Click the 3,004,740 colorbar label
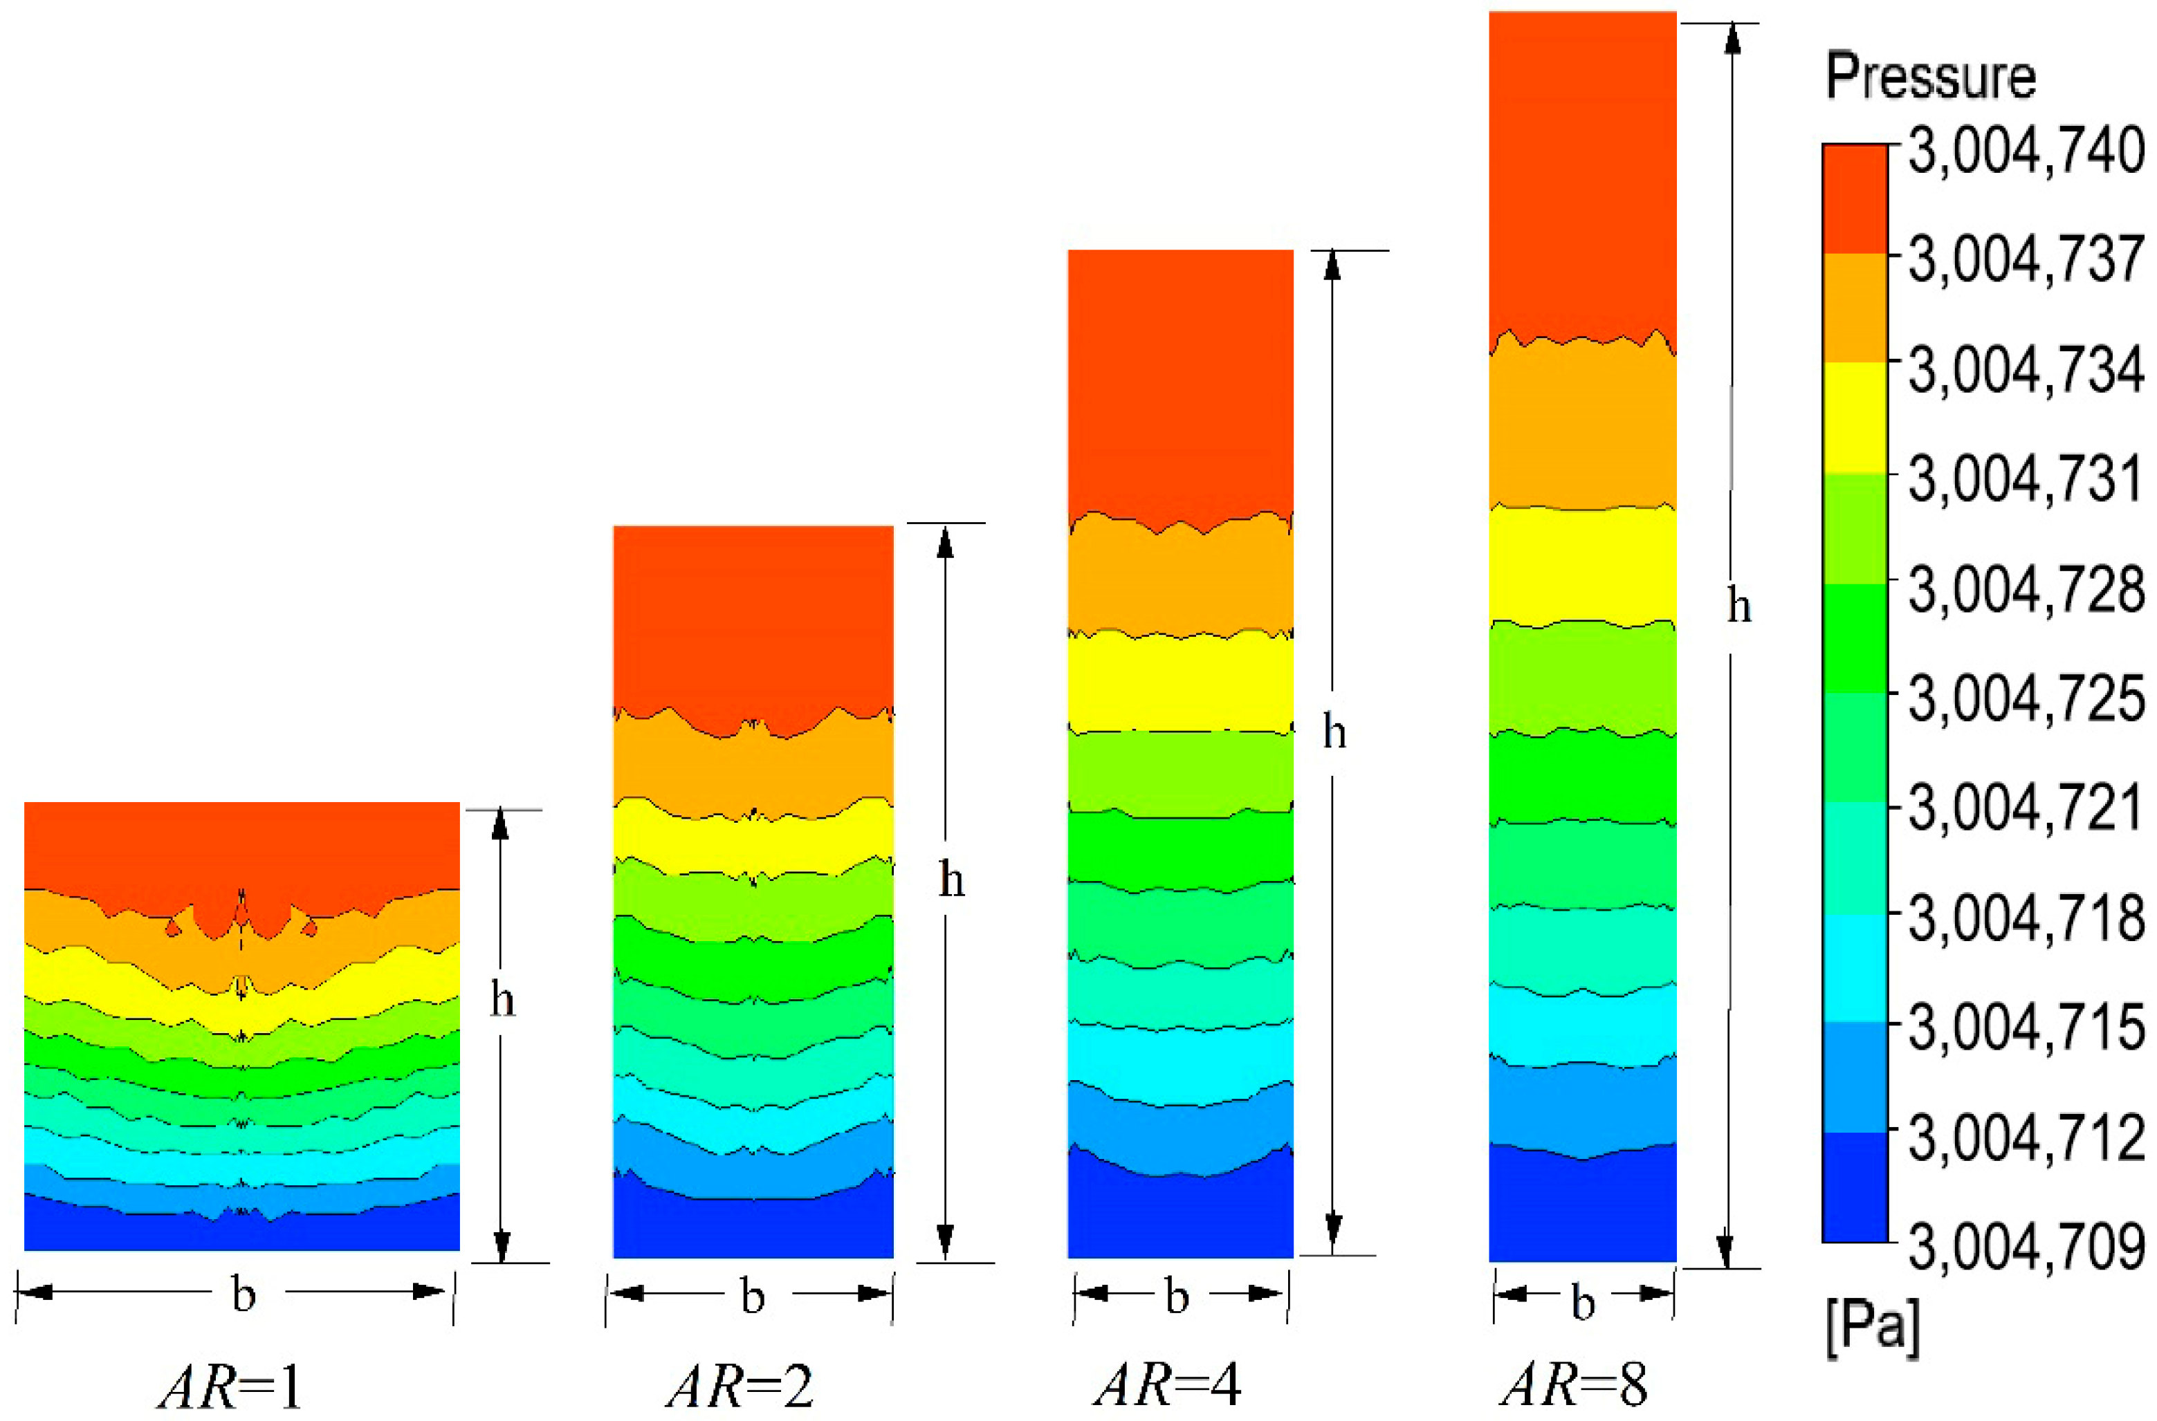[2026, 151]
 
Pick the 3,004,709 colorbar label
[2026, 1247]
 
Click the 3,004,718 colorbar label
[2026, 919]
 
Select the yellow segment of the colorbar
[1854, 418]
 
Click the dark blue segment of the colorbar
[1854, 1187]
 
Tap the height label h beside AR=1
[502, 1001]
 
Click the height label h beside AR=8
[1737, 607]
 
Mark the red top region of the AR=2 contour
[753, 616]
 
